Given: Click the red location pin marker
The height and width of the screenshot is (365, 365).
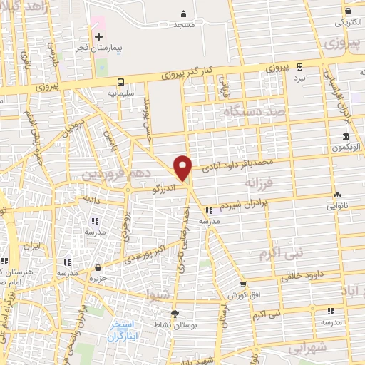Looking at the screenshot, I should coord(183,168).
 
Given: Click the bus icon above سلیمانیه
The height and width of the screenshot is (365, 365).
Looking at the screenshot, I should coord(121,81).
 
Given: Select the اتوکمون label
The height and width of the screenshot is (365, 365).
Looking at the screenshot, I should coord(345,148).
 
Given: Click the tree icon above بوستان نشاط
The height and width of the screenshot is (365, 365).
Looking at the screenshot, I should coord(175,313).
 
